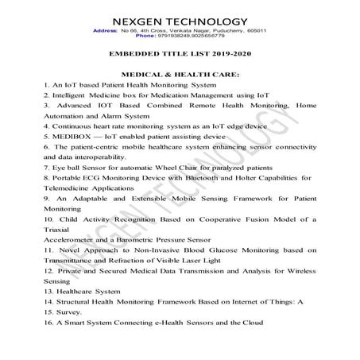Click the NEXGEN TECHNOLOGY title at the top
(180, 21)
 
